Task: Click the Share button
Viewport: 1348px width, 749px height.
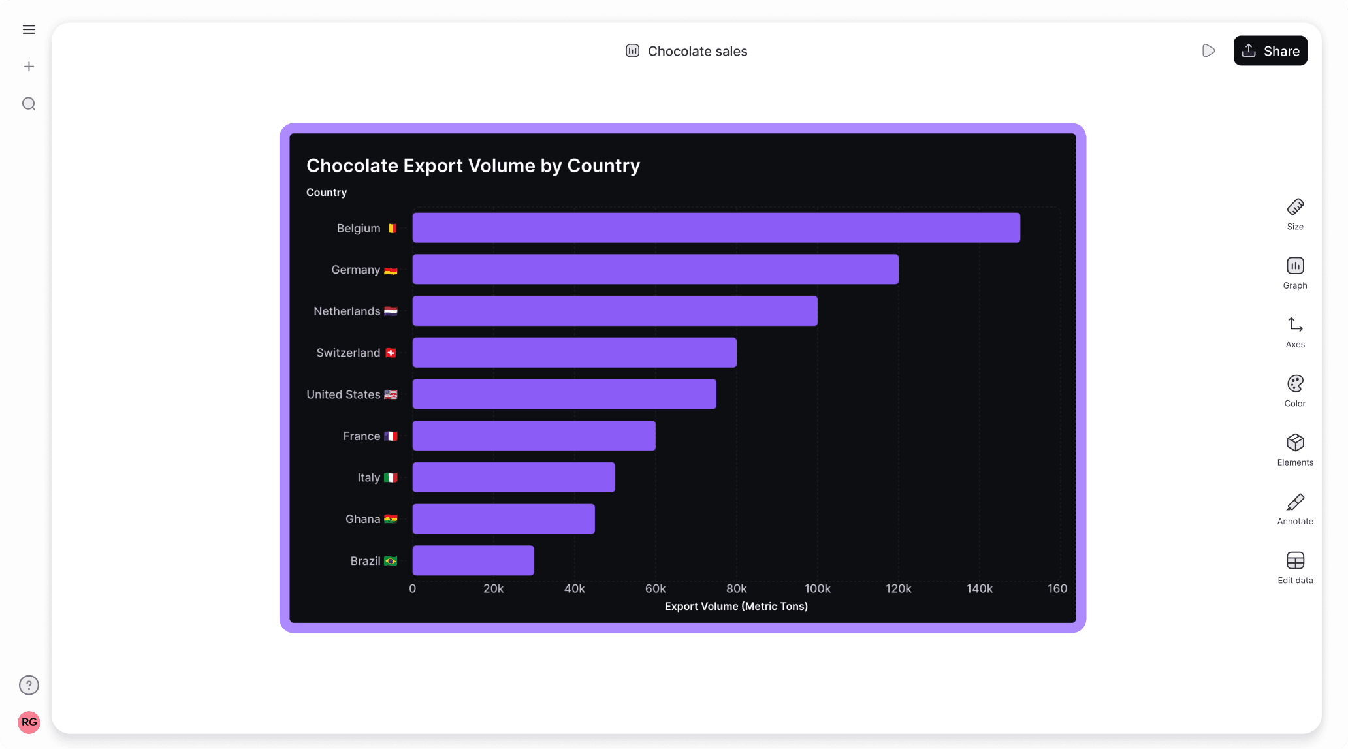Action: (1270, 51)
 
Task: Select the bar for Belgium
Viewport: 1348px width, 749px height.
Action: (716, 228)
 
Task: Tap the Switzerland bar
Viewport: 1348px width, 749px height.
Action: (574, 353)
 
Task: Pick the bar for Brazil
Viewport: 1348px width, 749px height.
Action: (473, 560)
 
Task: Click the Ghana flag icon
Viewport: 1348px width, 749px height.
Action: (391, 519)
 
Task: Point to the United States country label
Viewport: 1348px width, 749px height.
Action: (344, 394)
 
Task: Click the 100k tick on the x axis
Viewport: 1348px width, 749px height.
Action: (817, 588)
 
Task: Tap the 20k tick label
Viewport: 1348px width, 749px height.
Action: (493, 588)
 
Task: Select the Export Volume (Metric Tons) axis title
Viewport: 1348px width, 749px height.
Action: (736, 606)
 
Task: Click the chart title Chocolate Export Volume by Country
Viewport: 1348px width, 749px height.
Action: (473, 166)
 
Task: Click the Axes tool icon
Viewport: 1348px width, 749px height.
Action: (1295, 325)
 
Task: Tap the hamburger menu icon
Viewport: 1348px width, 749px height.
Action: (29, 29)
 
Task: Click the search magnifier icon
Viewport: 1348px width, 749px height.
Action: (29, 104)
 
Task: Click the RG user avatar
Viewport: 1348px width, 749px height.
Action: (29, 722)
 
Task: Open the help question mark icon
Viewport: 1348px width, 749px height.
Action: (29, 685)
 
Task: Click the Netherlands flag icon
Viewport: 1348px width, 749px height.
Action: (391, 311)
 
